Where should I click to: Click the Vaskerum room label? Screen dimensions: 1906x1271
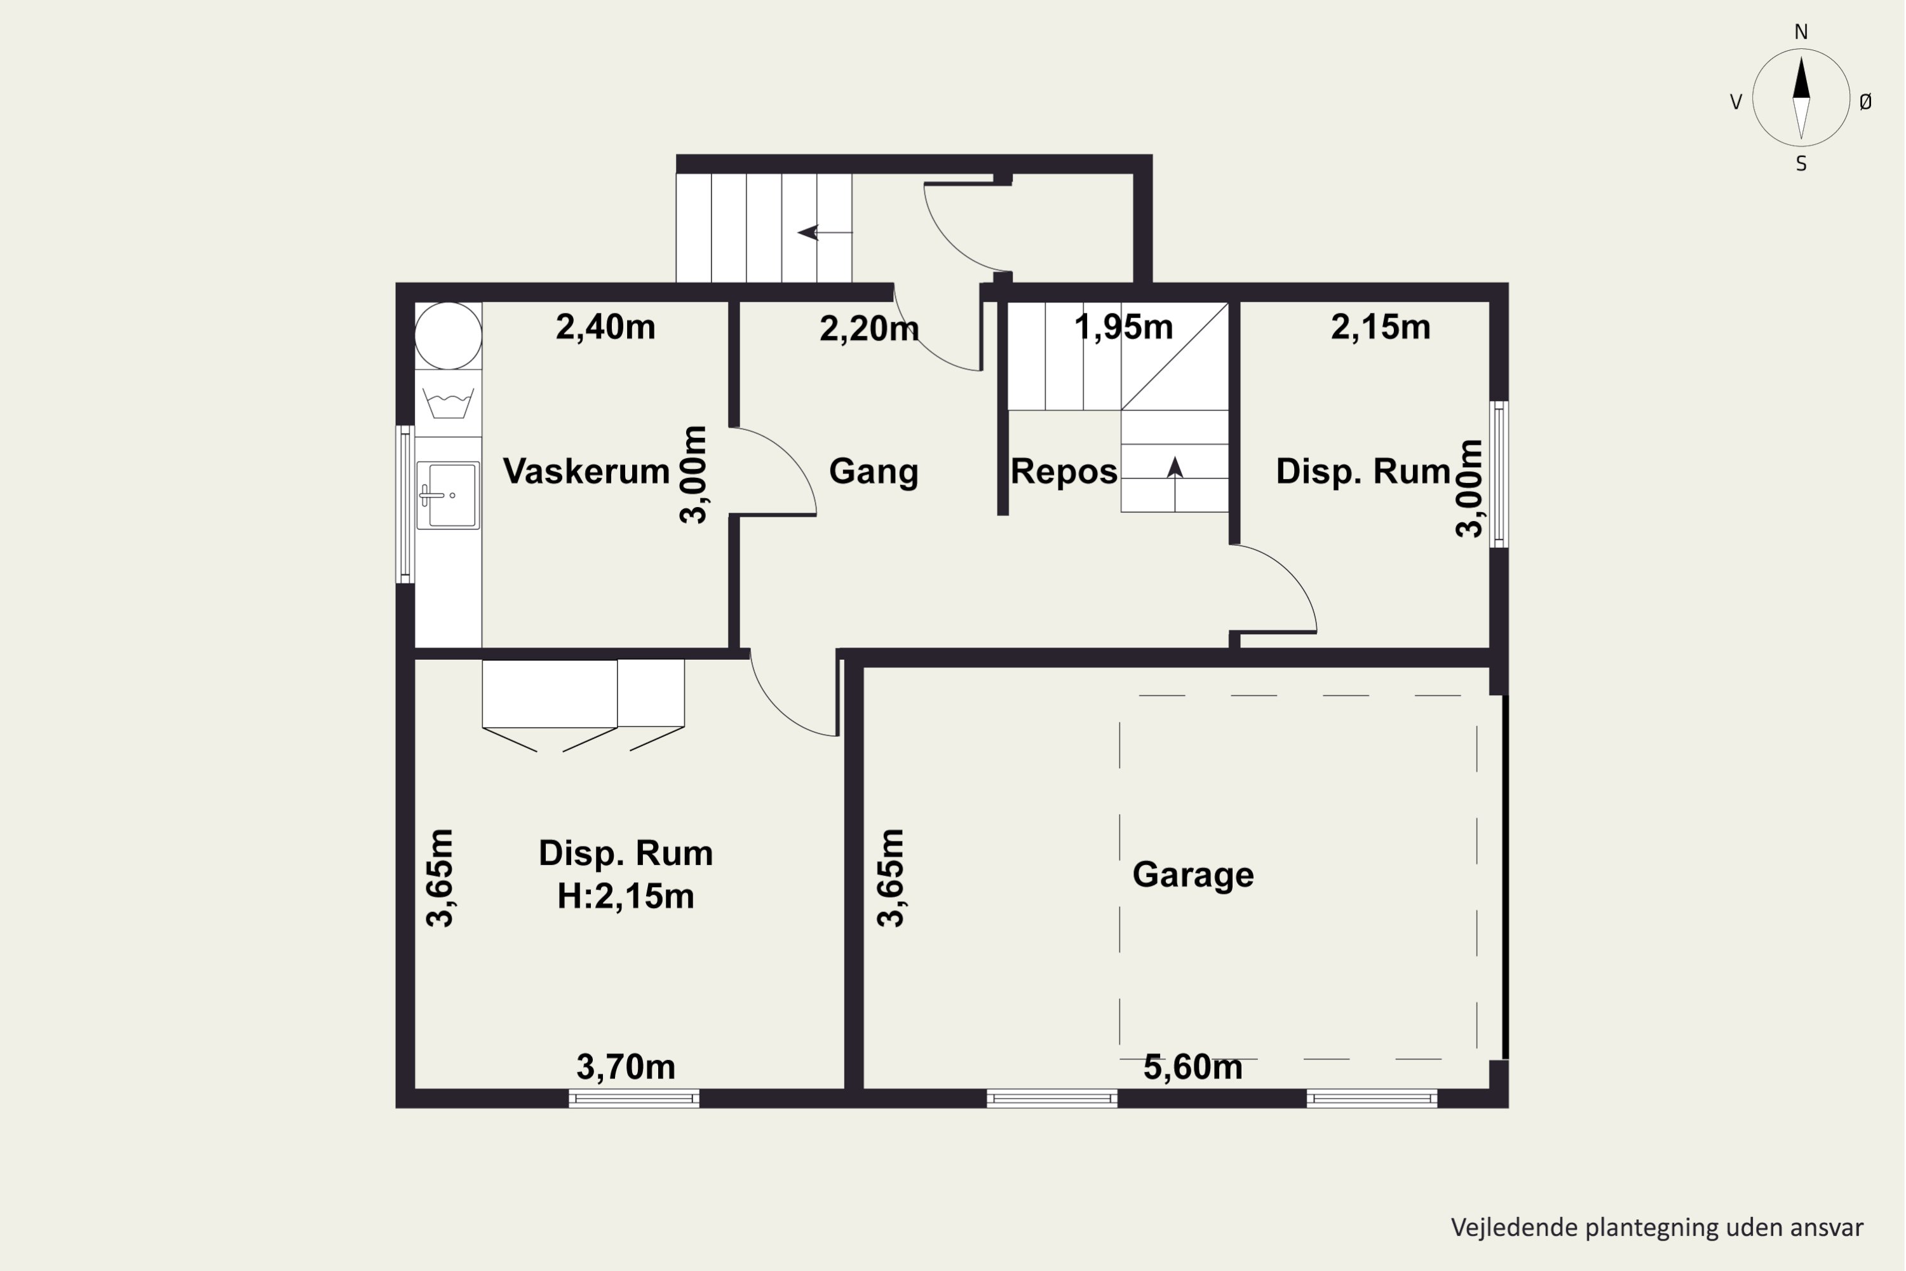point(586,471)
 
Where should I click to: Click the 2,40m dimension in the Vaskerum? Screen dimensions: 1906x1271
point(605,327)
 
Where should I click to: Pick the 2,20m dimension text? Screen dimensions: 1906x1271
point(869,329)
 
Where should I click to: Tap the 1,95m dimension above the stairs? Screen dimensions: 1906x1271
point(1123,327)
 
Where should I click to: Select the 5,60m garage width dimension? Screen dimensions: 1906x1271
point(1193,1068)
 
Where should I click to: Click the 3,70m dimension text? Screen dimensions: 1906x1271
point(626,1068)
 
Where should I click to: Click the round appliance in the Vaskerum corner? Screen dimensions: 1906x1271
point(448,336)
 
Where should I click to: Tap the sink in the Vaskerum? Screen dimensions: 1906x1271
point(448,495)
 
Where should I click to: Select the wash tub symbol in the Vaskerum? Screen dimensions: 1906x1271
point(447,403)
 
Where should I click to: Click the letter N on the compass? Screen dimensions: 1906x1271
point(1801,32)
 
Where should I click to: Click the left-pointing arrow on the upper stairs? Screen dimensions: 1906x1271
point(825,233)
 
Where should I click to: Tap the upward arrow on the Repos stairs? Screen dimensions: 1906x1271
point(1175,484)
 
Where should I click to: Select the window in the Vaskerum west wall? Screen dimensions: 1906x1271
point(405,504)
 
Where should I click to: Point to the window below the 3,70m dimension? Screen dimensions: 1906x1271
point(633,1098)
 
